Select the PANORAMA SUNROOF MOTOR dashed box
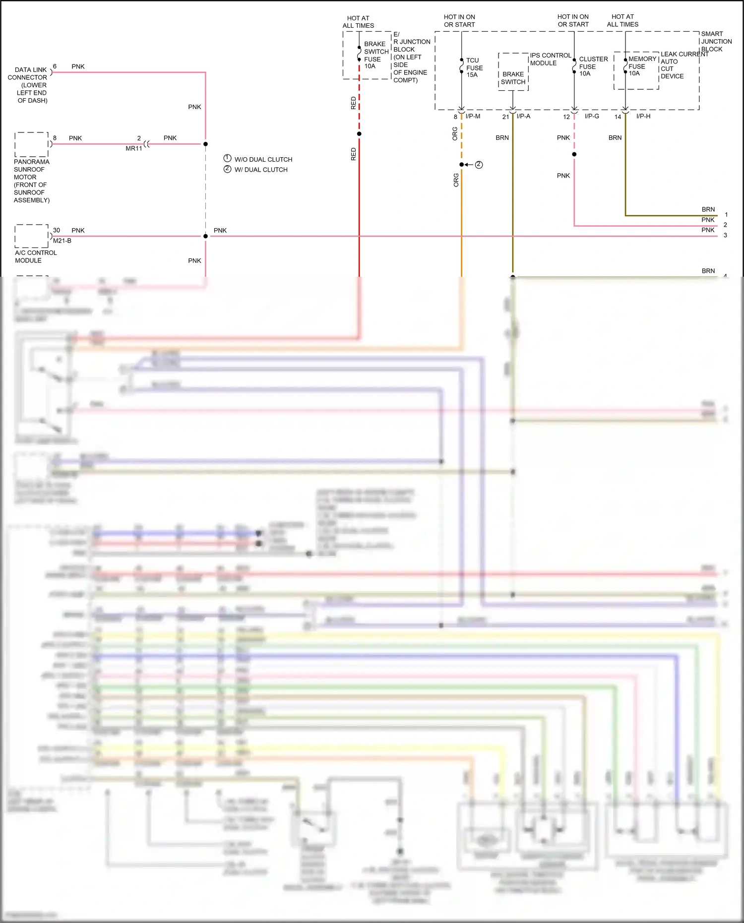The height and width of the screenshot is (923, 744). (x=31, y=144)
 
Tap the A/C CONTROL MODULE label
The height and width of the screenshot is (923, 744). (x=35, y=256)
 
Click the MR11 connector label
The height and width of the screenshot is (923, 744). (x=133, y=148)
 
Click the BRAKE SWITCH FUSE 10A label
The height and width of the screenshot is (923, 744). (x=376, y=55)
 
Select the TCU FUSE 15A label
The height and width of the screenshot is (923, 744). (x=474, y=67)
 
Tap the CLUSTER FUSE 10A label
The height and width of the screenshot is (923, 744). (x=593, y=66)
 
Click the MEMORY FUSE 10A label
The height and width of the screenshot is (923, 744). (x=642, y=66)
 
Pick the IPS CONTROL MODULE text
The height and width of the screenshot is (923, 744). (x=550, y=59)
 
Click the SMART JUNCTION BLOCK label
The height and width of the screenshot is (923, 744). (x=716, y=42)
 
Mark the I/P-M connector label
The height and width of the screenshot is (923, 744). (x=473, y=116)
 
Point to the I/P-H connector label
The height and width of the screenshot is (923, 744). (x=643, y=116)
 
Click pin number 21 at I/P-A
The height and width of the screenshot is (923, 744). (x=505, y=117)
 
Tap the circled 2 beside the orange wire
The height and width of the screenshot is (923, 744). (x=479, y=165)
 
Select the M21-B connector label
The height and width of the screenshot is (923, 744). (x=62, y=241)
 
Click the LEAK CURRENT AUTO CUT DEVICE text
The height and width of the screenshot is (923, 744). (x=683, y=65)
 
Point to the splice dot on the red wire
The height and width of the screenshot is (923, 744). (x=359, y=133)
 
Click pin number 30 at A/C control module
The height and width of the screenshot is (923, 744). (x=57, y=230)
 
